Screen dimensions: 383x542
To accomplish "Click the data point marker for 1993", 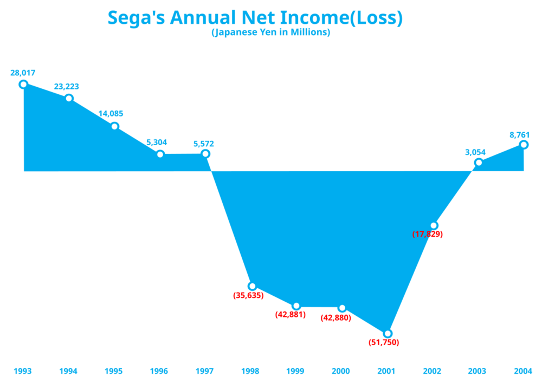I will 23,84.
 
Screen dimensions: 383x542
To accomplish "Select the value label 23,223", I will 68,86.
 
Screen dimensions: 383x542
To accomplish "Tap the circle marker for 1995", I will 115,126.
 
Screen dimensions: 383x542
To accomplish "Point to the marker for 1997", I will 205,154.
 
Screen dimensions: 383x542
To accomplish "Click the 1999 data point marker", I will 296,306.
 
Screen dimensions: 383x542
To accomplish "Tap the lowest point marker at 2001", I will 387,334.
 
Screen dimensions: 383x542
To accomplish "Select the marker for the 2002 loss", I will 434,225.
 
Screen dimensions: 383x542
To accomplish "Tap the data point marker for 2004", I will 524,145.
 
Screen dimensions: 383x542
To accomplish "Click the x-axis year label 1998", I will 250,372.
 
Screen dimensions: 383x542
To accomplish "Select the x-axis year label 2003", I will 478,372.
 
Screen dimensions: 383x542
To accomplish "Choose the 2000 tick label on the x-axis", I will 341,372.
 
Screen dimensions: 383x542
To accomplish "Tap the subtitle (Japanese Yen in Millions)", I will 270,33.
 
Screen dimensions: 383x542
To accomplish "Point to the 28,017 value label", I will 23,73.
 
